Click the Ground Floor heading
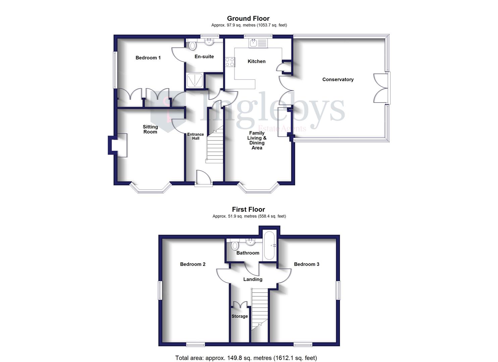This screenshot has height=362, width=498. coord(248,18)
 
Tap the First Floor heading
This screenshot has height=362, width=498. coord(248,209)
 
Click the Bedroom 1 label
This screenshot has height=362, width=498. coord(148,58)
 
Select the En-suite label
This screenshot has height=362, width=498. coord(204,57)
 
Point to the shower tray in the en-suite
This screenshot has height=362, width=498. coord(195,80)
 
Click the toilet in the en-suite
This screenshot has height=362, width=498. coord(192,45)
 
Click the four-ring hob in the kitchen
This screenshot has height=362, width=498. coord(230,62)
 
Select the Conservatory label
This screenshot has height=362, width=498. coord(338,79)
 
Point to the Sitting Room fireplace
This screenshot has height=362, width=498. coord(118,145)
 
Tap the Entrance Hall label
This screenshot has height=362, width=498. coord(196,136)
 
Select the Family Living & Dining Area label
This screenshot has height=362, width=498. coord(257,140)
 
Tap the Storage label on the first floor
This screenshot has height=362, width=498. coord(239,316)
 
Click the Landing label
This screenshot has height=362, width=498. coord(253,279)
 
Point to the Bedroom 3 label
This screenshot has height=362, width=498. coord(307,264)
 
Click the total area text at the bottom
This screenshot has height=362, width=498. coord(246,358)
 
